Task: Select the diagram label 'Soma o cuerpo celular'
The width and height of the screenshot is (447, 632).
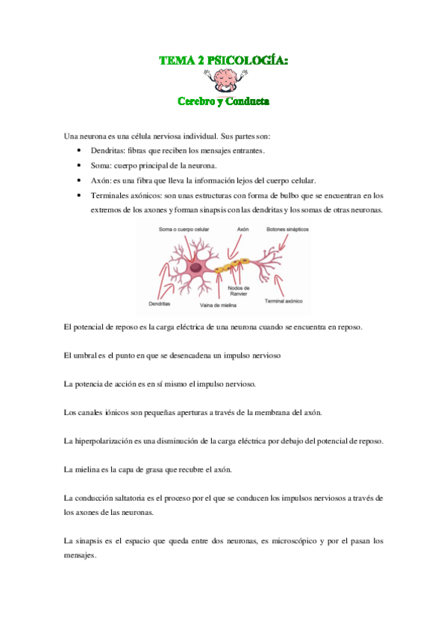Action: click(183, 230)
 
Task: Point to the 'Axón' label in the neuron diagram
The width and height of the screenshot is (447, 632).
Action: click(243, 230)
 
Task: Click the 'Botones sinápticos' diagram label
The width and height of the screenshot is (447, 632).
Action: click(287, 230)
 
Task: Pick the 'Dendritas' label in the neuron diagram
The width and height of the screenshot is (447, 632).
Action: click(159, 304)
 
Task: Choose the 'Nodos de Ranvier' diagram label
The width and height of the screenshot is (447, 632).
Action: click(239, 291)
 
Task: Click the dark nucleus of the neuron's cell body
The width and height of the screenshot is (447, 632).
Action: click(196, 267)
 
